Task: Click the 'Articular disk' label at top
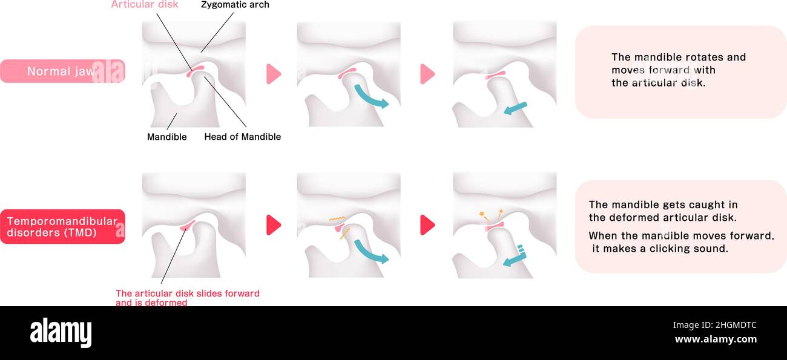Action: (x=145, y=5)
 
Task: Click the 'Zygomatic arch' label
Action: (x=235, y=5)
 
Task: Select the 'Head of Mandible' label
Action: (x=242, y=137)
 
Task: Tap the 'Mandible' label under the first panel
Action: (x=166, y=137)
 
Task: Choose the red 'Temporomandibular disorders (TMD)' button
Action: (x=62, y=226)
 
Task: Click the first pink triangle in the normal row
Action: (x=274, y=74)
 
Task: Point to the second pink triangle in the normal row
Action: (x=427, y=74)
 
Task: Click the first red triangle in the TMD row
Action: (x=274, y=225)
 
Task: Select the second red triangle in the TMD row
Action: (x=427, y=225)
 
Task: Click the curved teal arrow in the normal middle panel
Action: (x=370, y=97)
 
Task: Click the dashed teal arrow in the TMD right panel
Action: (x=515, y=257)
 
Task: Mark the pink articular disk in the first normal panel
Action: (x=196, y=71)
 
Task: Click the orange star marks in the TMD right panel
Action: (x=491, y=213)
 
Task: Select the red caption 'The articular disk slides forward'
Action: (x=187, y=293)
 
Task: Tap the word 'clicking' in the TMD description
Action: (x=670, y=248)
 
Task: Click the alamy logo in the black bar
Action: (x=61, y=333)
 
